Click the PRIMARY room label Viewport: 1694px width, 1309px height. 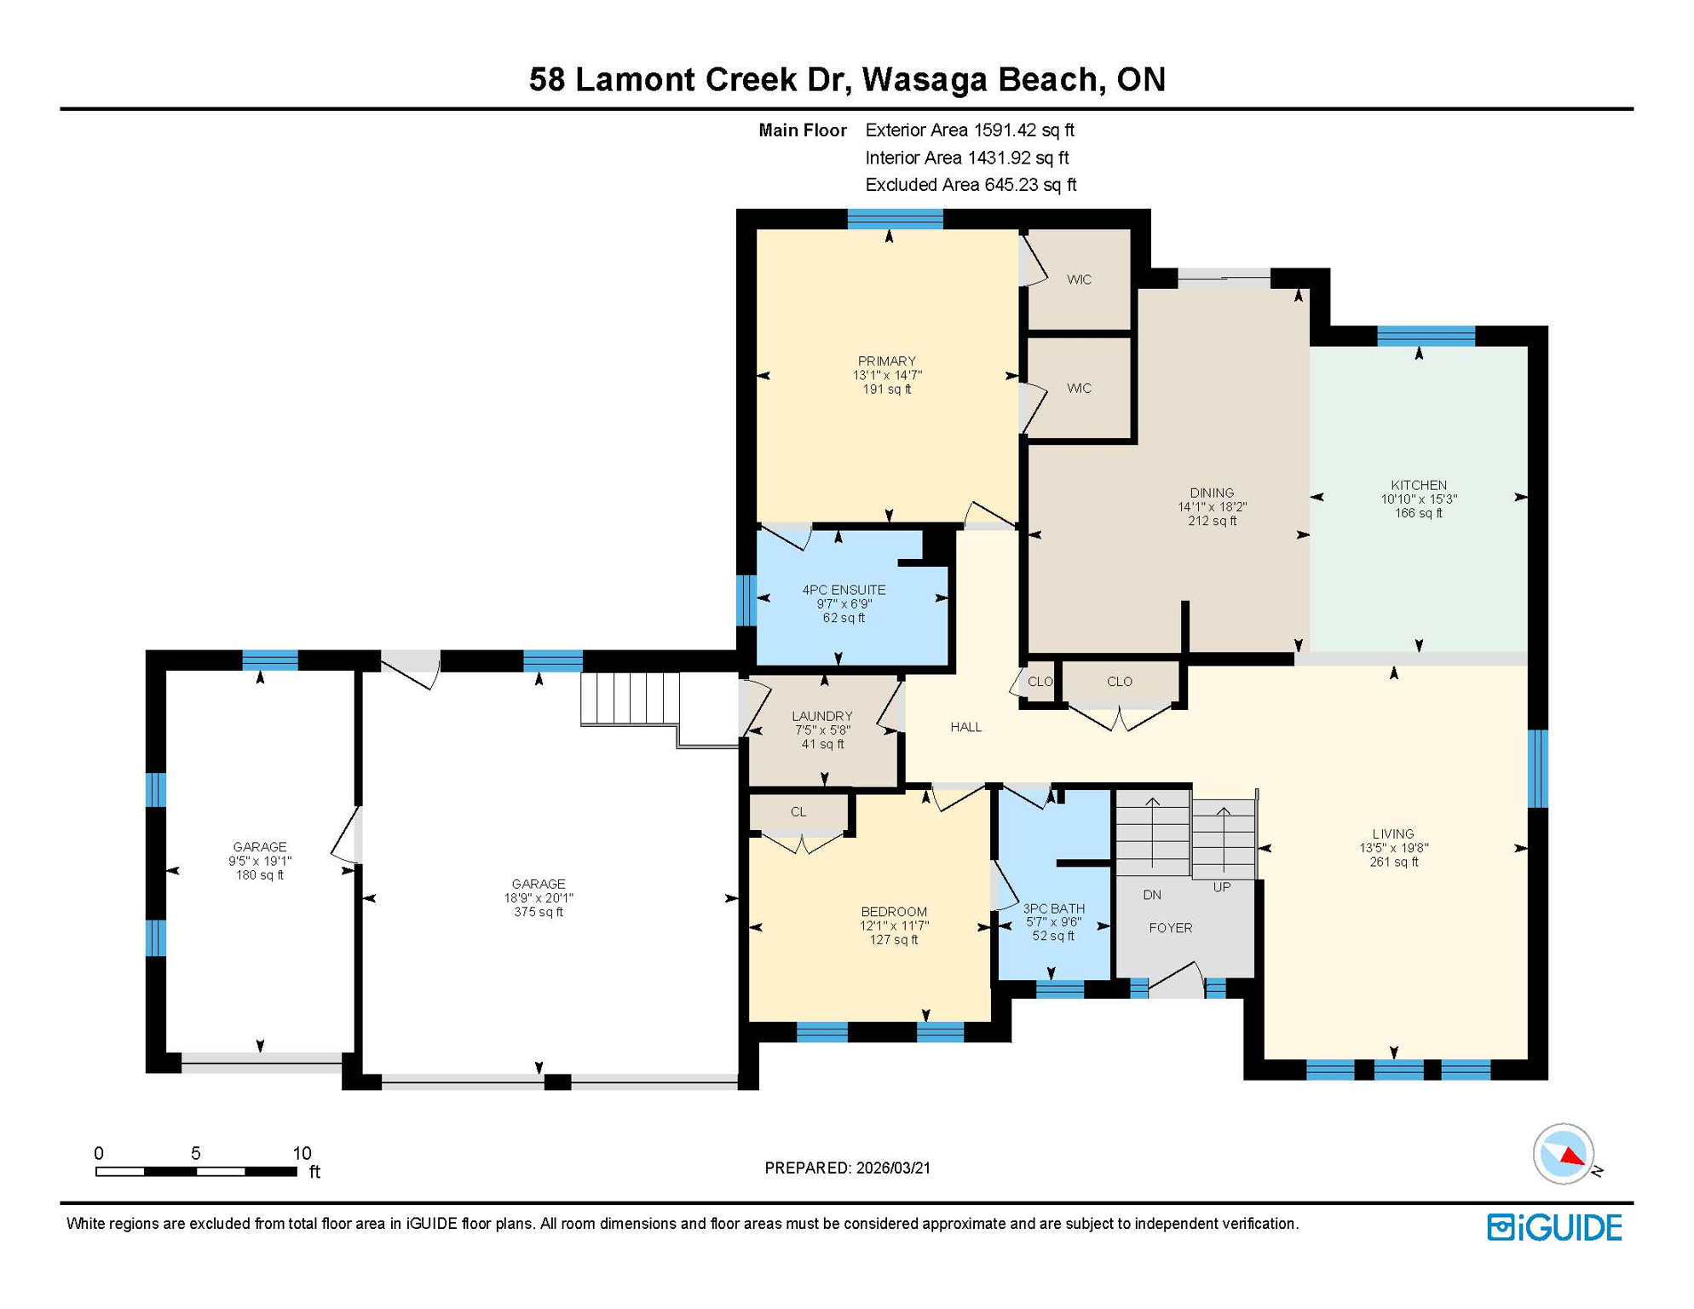point(886,360)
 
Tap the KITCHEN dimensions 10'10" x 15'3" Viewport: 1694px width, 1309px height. point(1418,499)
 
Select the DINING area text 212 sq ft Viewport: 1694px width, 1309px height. point(1212,521)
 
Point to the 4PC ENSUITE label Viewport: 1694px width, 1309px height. point(844,590)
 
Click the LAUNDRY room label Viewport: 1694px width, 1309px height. point(821,716)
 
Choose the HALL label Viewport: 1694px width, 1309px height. point(965,727)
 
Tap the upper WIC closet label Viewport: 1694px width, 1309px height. point(1079,280)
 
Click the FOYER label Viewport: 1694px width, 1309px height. point(1170,928)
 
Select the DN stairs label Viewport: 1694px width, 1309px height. point(1152,895)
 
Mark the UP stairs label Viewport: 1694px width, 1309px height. point(1221,887)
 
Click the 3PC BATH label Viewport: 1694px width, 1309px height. point(1053,908)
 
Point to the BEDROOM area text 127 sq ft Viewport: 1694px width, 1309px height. point(893,940)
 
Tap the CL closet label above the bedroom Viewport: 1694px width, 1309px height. point(798,812)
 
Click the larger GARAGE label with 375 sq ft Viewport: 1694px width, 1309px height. point(538,884)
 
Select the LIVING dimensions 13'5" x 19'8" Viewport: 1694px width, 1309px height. point(1393,848)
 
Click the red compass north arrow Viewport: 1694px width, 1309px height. point(1571,1156)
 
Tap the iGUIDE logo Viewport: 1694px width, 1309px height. point(1554,1227)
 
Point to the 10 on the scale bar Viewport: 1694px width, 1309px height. point(302,1153)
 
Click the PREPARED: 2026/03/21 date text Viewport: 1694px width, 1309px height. point(847,1168)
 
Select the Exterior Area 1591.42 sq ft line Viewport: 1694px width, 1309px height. point(969,130)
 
